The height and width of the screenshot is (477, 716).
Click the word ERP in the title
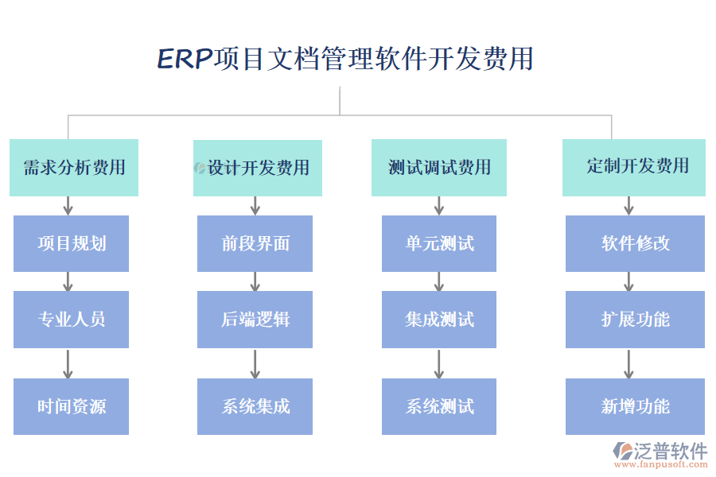point(185,60)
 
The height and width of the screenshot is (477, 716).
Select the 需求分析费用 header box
point(74,168)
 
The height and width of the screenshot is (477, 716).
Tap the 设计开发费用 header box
point(258,168)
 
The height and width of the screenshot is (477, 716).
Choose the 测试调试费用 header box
point(439,168)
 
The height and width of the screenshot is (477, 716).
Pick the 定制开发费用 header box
point(634,167)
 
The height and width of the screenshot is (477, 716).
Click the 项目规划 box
point(71,243)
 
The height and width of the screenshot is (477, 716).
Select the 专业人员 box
point(71,319)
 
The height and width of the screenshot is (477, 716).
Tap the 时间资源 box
point(71,406)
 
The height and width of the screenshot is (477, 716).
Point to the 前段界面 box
point(255,243)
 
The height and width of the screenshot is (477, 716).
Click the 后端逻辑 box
point(255,319)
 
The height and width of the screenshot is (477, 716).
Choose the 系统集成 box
point(255,406)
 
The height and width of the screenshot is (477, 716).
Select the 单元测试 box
point(439,243)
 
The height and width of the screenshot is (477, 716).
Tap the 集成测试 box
point(439,319)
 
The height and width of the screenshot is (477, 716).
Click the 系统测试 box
point(439,406)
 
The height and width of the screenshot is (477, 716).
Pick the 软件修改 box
point(635,243)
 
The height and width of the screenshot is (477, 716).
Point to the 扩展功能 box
point(635,319)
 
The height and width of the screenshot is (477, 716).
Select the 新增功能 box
point(635,406)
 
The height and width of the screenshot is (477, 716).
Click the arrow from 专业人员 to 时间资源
point(68,363)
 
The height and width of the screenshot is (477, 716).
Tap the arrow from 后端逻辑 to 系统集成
point(255,363)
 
